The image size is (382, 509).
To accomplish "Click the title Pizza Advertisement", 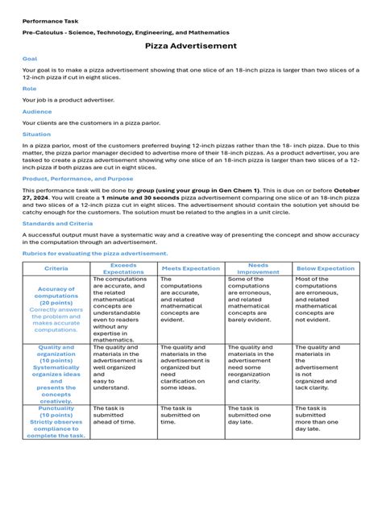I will (x=191, y=47).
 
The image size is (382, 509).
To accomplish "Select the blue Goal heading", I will (x=30, y=60).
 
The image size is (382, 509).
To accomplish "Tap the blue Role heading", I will (x=30, y=89).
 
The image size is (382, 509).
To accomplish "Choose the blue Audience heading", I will (x=37, y=112).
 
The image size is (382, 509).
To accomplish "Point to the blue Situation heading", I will (x=37, y=134).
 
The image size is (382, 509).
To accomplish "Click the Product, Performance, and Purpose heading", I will (x=78, y=179).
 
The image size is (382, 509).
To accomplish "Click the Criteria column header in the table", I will (x=56, y=268).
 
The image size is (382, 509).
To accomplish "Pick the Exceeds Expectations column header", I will (x=124, y=268).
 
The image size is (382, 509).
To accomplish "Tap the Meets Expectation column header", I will (x=190, y=268).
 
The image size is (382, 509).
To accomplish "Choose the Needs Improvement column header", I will (x=258, y=268).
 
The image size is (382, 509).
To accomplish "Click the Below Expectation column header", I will (x=326, y=268).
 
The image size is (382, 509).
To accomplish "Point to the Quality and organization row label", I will (x=56, y=373).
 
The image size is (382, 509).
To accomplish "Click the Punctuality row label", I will (x=56, y=421).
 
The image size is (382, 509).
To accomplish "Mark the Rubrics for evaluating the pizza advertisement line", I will (x=95, y=253).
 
